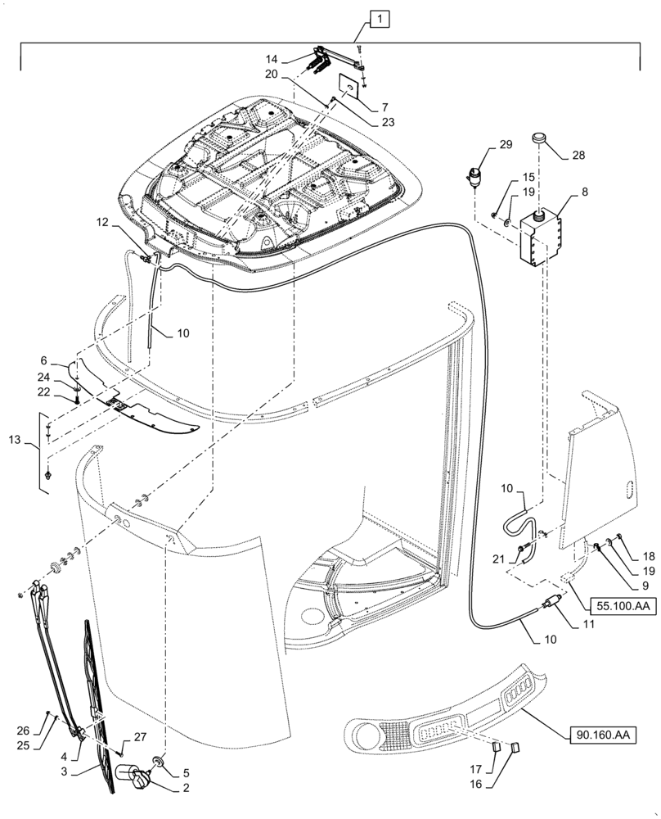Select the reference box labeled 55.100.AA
pos(613,606)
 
